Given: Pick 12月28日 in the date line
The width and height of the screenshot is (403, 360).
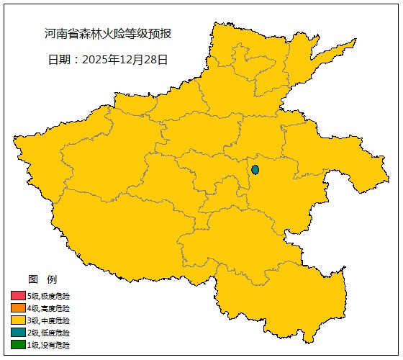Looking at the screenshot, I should tap(148, 60).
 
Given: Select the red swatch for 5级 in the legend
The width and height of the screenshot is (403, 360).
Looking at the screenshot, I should tap(18, 296).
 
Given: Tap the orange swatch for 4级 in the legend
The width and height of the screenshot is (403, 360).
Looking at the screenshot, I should tap(18, 308).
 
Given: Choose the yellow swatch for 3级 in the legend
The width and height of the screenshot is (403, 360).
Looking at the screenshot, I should tap(18, 320).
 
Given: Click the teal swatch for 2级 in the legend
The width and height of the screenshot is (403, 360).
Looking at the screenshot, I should tap(18, 333).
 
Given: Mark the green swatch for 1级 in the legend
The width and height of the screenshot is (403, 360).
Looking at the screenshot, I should tap(18, 345).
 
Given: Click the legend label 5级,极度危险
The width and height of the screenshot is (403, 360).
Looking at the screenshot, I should tap(49, 296).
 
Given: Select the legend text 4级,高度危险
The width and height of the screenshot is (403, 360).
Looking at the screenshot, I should tap(49, 308).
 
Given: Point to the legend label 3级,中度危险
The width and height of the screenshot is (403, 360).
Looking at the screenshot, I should tap(49, 320).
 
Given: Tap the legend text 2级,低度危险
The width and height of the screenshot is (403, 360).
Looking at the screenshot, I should tap(49, 333).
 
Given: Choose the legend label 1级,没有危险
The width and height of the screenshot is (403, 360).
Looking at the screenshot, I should tap(49, 345).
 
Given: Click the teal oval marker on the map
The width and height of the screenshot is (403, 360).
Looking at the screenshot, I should tap(255, 170).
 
